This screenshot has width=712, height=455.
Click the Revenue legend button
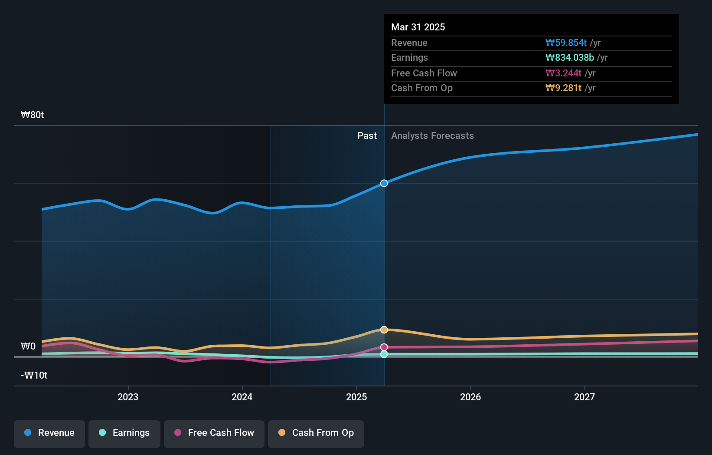pos(49,433)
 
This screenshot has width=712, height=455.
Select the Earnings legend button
pos(124,433)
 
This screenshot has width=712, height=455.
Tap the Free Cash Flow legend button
pos(214,433)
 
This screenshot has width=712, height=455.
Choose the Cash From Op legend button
pos(316,433)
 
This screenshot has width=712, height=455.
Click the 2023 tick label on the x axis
pos(128,397)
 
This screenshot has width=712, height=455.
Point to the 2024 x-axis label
pos(242,397)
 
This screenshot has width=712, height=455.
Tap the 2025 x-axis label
pos(356,397)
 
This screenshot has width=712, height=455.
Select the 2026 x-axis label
pos(470,397)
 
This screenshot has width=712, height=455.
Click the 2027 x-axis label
pos(585,397)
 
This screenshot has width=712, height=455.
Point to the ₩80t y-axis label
pos(33,115)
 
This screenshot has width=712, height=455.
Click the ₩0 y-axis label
pos(29,346)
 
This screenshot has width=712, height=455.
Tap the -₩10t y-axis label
pos(34,376)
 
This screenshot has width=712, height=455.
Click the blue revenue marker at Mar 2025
pos(384,183)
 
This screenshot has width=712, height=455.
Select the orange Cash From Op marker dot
pos(384,330)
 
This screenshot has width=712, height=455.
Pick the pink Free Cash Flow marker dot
pos(384,347)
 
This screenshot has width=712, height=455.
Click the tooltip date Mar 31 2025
pos(418,27)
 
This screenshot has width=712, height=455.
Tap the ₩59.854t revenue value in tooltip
pos(566,43)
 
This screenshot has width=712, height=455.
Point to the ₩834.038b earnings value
pos(570,58)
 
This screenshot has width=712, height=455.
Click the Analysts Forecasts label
pos(432,136)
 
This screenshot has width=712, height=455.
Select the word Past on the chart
pos(367,136)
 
